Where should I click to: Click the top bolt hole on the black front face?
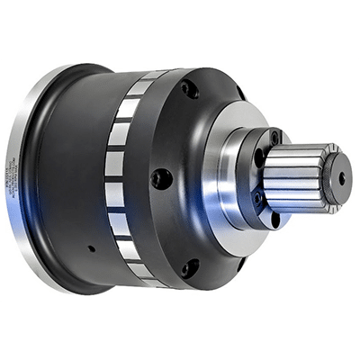[x=189, y=90]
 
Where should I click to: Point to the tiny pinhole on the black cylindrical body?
[x=91, y=248]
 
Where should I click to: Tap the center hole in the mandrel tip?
[x=341, y=177]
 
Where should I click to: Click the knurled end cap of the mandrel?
[x=337, y=177]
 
